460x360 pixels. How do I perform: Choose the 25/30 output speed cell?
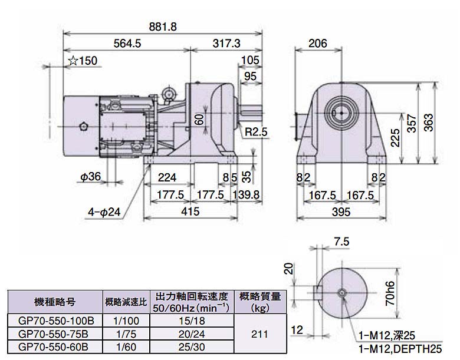[192, 344]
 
